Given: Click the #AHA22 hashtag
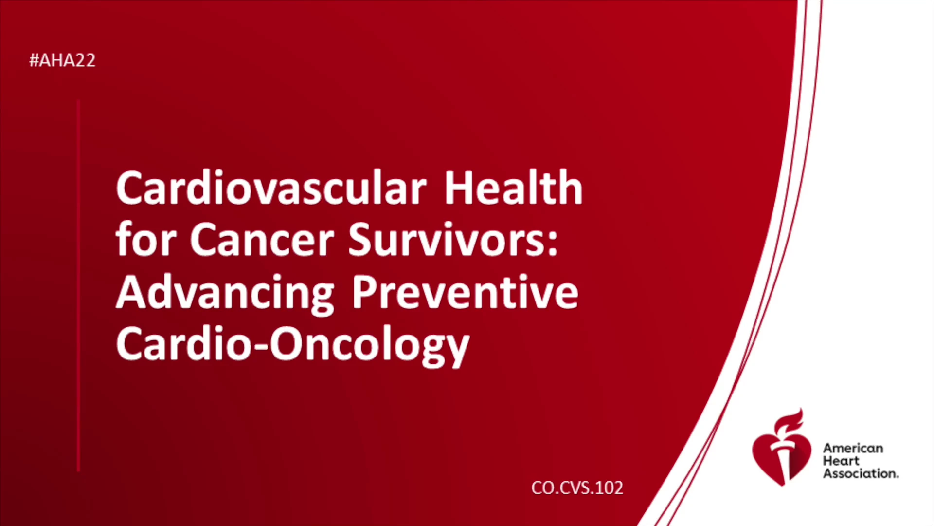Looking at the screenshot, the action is tap(62, 60).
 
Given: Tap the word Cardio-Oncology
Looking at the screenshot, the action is tap(293, 345).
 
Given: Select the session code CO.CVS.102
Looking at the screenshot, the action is tap(577, 488).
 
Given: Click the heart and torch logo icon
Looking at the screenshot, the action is tap(782, 447).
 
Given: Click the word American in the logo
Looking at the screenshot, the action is tap(853, 448).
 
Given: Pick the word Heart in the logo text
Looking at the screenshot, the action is tap(841, 461).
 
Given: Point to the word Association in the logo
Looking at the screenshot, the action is tap(861, 473).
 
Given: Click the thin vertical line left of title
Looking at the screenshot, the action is tap(78, 286).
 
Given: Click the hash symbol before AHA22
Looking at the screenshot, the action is tap(34, 60).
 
